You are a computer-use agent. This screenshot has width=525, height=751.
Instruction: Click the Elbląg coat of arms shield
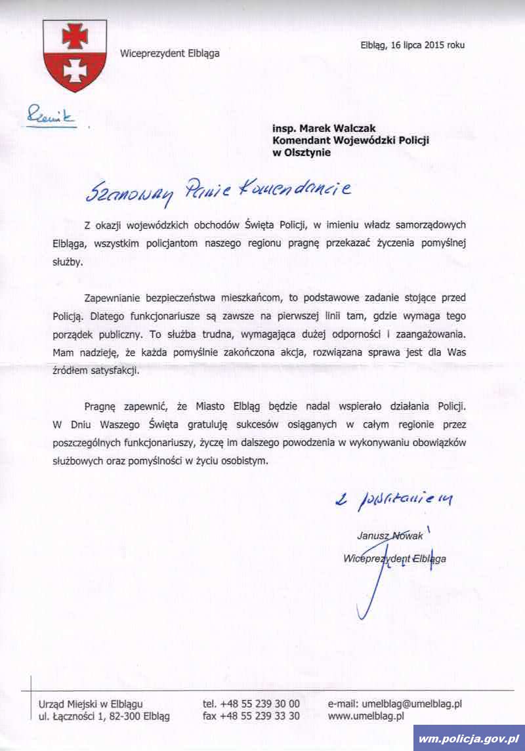pos(74,55)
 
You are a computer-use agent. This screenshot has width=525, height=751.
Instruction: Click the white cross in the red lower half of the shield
pos(75,70)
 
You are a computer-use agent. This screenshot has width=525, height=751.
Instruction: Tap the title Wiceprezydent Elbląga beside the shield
pos(169,54)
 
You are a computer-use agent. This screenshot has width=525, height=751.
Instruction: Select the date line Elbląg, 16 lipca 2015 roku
pos(412,45)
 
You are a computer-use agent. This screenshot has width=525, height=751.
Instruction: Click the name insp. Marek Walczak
pos(324,129)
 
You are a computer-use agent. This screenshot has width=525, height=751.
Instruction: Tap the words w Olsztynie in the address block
pos(302,152)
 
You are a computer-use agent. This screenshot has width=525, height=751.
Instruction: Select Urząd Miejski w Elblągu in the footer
pos(91,703)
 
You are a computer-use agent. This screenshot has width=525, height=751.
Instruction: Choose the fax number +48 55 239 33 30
pos(251,716)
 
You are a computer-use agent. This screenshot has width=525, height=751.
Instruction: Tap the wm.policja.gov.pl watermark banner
pos(469,739)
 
